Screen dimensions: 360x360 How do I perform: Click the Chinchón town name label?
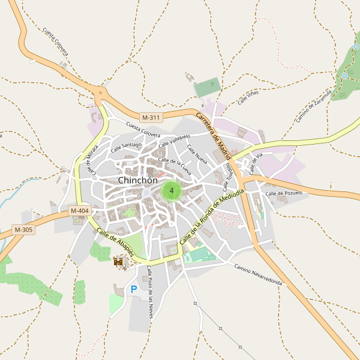click(x=138, y=180)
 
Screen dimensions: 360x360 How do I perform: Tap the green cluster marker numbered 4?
click(x=172, y=191)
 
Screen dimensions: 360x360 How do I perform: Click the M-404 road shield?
click(x=79, y=211)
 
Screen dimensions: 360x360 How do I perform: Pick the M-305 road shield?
click(x=24, y=230)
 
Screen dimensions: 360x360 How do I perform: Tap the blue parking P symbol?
click(x=133, y=290)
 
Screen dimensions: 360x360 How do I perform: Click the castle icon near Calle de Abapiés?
click(x=118, y=261)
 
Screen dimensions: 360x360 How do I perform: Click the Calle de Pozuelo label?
click(x=283, y=193)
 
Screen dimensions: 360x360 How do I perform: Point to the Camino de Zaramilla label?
click(x=314, y=106)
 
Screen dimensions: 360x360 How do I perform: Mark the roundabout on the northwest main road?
click(x=100, y=92)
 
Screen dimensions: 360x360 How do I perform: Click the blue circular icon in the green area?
click(x=344, y=76)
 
